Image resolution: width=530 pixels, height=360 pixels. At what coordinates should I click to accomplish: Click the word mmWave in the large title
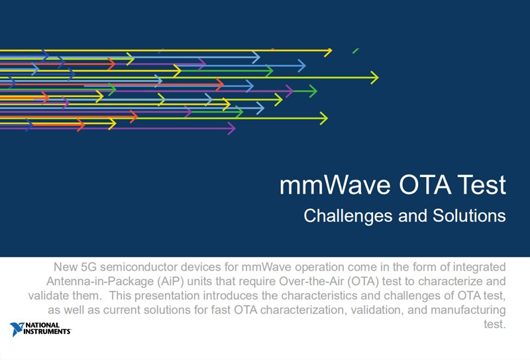tap(335, 185)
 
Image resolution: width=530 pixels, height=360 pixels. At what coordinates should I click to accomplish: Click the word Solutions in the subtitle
tap(469, 215)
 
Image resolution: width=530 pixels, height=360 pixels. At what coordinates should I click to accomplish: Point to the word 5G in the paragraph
tap(89, 267)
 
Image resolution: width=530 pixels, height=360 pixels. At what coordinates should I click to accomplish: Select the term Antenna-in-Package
tap(100, 282)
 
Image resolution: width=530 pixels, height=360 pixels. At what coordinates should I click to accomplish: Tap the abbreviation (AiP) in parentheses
tap(170, 282)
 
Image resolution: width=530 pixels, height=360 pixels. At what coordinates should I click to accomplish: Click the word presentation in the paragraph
tap(167, 296)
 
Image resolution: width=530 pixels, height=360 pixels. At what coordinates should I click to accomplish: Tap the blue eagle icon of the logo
tap(17, 330)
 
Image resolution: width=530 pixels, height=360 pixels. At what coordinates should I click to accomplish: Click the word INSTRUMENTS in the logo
tap(47, 331)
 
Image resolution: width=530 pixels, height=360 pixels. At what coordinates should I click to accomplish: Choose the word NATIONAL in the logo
tap(42, 325)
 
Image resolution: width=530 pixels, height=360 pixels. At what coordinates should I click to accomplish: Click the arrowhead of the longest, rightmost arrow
tap(374, 78)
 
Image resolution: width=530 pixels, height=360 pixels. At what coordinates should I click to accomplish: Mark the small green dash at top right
tap(356, 51)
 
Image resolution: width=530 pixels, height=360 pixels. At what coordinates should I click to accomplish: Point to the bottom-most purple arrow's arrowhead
tap(232, 128)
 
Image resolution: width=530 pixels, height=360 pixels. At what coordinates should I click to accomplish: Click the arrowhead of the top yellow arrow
tap(328, 51)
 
